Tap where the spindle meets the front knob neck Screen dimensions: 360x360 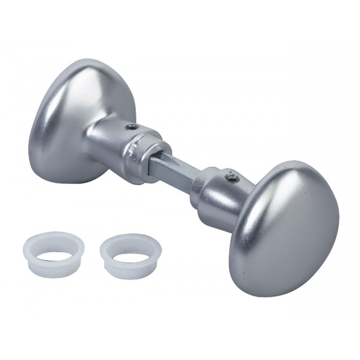click(x=198, y=178)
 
